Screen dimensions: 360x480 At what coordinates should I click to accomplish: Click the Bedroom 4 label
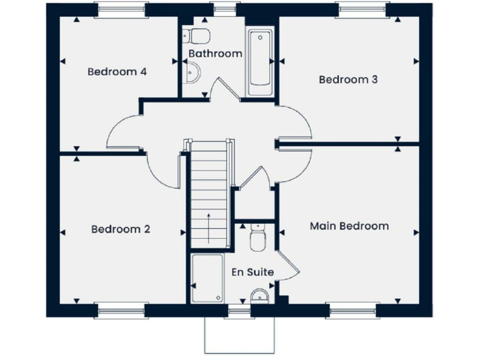[117, 71]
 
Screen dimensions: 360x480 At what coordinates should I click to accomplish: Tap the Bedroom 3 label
[348, 79]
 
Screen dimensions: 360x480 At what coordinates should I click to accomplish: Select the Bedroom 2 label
[121, 229]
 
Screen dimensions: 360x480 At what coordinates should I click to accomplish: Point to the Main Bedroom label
[349, 226]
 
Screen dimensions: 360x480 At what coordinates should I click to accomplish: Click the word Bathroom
[215, 54]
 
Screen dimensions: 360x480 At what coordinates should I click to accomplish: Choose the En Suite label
[252, 272]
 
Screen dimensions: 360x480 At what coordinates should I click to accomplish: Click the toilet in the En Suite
[256, 238]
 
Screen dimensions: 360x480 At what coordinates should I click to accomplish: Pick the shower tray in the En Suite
[207, 279]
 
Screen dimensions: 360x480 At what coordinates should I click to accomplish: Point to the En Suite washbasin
[259, 296]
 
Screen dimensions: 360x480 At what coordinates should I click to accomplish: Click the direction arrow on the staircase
[209, 227]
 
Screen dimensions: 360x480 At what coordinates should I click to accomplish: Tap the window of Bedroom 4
[121, 9]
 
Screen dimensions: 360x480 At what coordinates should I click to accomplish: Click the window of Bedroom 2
[121, 310]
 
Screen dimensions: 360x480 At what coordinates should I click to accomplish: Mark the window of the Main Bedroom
[352, 310]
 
